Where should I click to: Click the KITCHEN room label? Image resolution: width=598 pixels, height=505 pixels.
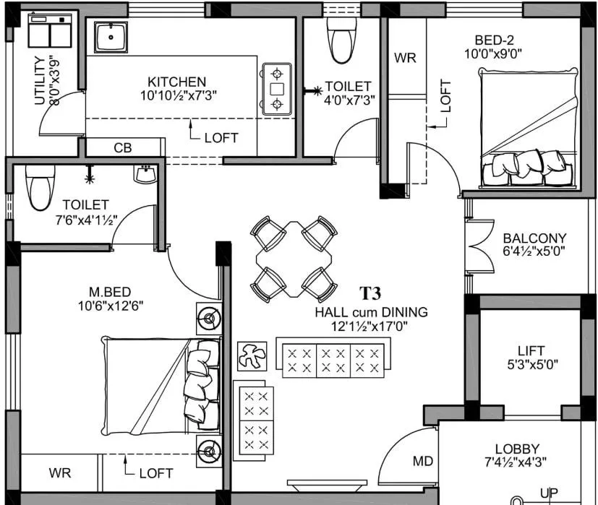176,82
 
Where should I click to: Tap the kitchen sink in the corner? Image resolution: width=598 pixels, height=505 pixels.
111,37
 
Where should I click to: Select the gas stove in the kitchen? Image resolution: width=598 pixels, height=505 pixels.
276,89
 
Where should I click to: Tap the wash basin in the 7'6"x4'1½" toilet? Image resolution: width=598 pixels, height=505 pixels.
145,175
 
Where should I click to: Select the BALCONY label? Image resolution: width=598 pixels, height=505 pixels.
534,238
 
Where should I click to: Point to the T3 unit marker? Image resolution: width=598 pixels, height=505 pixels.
370,293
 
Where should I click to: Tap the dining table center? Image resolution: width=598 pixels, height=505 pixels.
294,258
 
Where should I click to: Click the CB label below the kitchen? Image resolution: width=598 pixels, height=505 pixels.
123,148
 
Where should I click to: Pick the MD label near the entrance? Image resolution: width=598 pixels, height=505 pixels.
422,461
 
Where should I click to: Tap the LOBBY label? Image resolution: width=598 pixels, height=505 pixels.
516,449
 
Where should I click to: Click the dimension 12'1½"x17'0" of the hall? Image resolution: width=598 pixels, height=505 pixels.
371,326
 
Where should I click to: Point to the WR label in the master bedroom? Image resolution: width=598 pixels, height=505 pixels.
60,473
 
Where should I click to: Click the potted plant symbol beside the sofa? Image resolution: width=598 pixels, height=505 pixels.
252,356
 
